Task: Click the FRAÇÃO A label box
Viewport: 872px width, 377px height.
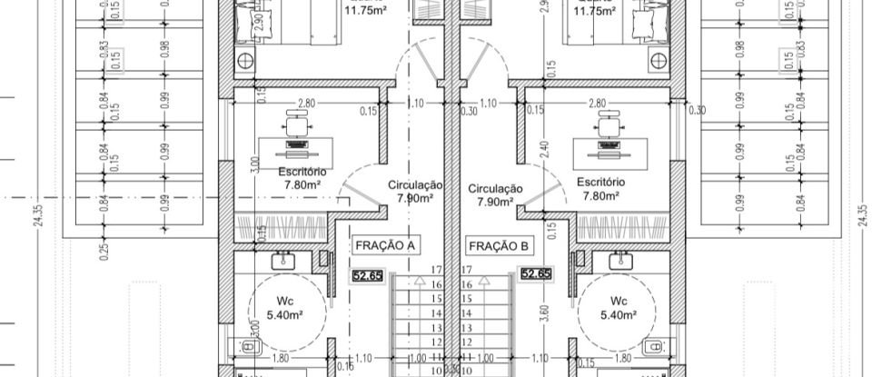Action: [x=386, y=245]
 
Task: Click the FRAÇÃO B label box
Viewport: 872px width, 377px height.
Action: [x=499, y=245]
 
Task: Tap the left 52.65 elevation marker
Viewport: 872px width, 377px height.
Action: [x=368, y=274]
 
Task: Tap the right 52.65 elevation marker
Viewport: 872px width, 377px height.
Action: [x=536, y=273]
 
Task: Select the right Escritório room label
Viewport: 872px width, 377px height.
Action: [x=599, y=188]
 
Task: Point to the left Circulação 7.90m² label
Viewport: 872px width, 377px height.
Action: [x=415, y=190]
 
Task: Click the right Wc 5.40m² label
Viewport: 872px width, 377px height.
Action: [x=619, y=308]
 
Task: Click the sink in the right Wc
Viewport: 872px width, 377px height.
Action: [x=619, y=261]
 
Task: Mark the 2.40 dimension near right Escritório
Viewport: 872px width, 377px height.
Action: [x=544, y=149]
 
